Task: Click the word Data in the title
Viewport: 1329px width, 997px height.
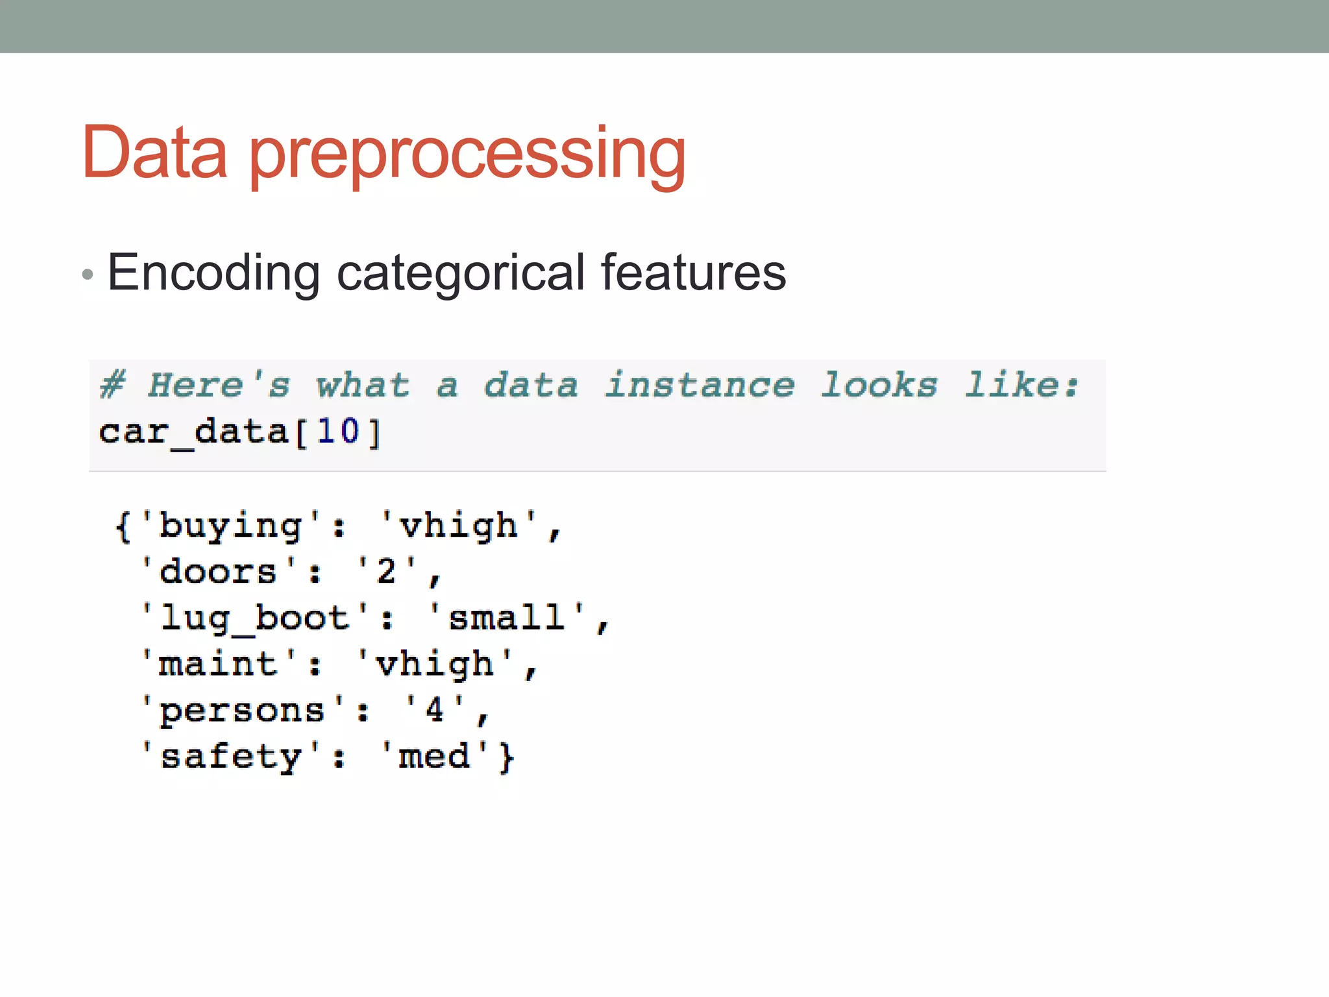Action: (x=154, y=153)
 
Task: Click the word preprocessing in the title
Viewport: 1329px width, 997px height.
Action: (x=467, y=156)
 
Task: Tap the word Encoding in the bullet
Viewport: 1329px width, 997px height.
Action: (x=213, y=273)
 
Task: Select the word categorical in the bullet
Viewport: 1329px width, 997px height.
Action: (x=461, y=273)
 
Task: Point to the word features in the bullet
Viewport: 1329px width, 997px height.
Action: (x=693, y=272)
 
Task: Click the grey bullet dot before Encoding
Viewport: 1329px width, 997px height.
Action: (x=88, y=275)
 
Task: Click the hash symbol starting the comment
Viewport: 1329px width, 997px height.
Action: (x=113, y=384)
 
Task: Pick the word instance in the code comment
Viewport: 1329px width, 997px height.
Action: (x=700, y=384)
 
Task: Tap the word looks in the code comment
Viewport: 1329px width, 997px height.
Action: (x=879, y=384)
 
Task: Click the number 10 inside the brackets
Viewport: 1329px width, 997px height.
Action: (x=338, y=431)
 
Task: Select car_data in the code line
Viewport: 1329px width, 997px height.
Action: (x=193, y=432)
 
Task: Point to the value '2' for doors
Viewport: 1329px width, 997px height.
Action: (x=386, y=572)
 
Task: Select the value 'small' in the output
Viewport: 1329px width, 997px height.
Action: (x=506, y=618)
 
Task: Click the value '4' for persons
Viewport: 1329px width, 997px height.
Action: (x=434, y=709)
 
